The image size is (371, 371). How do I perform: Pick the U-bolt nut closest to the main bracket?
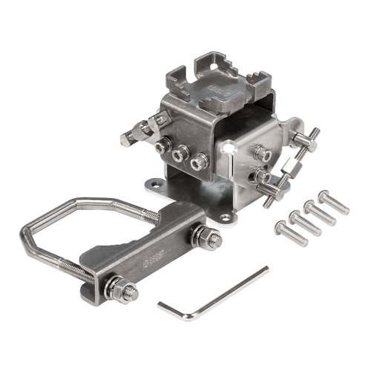pos(205,237)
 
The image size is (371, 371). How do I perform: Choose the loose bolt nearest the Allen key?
pos(290,233)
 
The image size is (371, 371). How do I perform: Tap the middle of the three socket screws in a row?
pos(180,154)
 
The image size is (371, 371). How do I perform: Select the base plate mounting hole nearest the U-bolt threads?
pos(154,183)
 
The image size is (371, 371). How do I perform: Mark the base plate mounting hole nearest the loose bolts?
pos(226,217)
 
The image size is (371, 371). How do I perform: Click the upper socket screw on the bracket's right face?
pos(262,154)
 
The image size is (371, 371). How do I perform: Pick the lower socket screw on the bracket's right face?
pos(261,177)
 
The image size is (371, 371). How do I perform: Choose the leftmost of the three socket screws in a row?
pos(161,146)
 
